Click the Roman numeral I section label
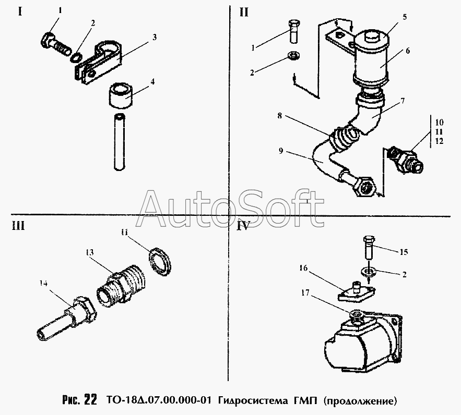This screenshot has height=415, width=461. pos(20,11)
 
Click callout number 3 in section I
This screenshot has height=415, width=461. pos(155,37)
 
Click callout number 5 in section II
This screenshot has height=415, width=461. pos(405,16)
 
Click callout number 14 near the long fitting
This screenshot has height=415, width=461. pos(43,284)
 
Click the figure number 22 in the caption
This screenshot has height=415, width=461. pos(90,400)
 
